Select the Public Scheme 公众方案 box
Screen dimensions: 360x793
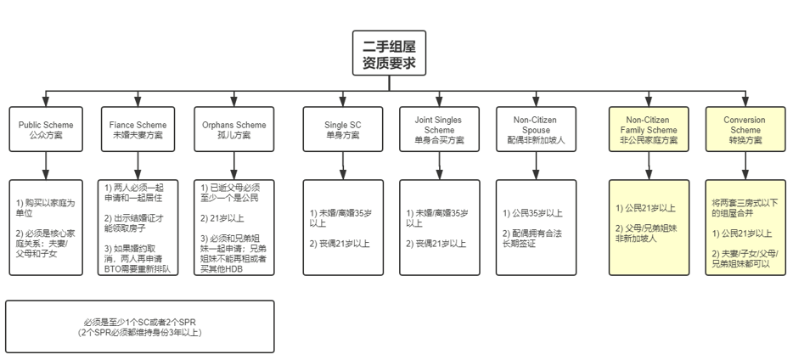[x=44, y=129]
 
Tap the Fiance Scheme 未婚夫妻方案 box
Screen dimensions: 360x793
[x=138, y=129]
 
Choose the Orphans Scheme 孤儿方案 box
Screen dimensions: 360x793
[x=232, y=129]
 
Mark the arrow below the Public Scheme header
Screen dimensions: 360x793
[x=45, y=166]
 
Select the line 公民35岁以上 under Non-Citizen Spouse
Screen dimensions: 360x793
[x=533, y=213]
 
